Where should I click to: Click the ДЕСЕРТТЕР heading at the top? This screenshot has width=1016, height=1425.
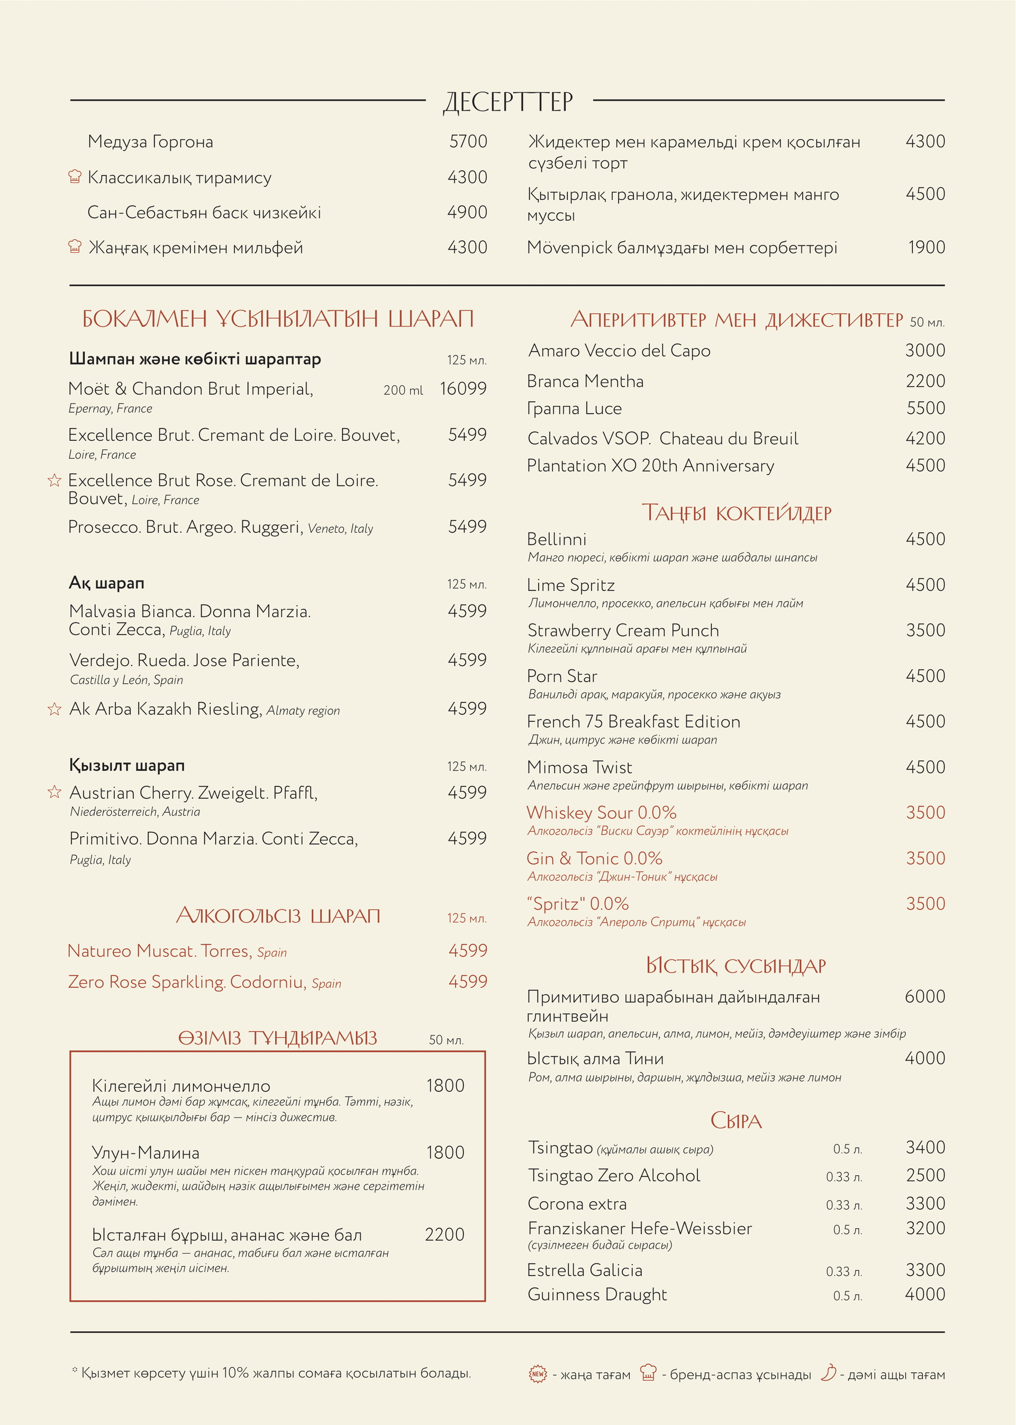[508, 102]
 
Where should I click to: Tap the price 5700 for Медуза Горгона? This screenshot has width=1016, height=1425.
[468, 141]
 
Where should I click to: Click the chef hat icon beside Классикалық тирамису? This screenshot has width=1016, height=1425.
[75, 177]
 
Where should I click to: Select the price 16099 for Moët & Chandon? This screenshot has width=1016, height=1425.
[463, 388]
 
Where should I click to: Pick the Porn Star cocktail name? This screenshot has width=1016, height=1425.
[562, 676]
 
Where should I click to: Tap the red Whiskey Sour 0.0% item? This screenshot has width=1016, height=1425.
[601, 813]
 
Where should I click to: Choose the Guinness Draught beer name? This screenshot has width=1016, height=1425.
[597, 1295]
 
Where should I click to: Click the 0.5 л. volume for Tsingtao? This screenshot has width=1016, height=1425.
[847, 1149]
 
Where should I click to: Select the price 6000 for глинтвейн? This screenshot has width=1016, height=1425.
[924, 996]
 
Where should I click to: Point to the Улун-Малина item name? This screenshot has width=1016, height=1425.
[146, 1152]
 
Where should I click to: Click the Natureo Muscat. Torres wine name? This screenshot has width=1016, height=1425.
[159, 951]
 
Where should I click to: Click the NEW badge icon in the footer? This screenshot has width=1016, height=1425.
[538, 1374]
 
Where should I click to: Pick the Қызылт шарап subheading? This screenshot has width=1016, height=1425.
[127, 765]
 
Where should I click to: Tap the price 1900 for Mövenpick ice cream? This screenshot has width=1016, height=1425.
[927, 247]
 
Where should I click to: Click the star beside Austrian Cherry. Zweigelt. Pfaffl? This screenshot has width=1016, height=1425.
[55, 792]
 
